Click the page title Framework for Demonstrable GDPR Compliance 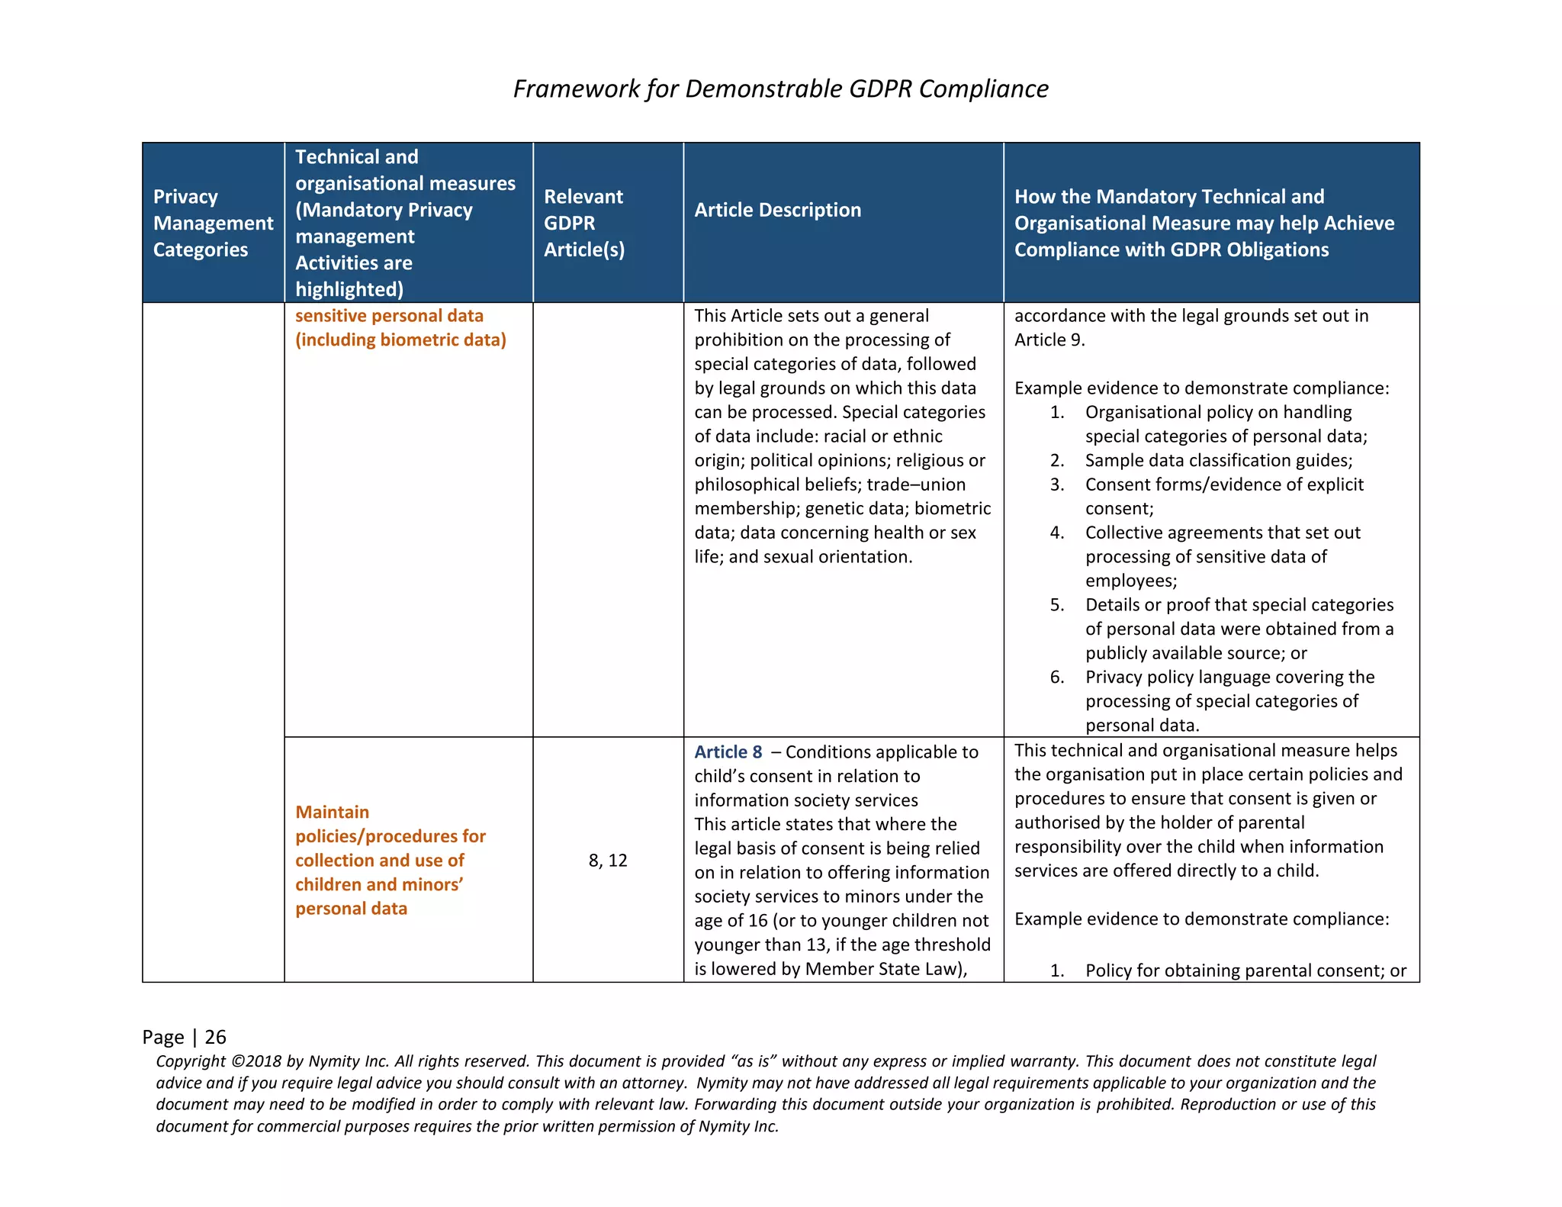click(780, 89)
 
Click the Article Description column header click(777, 210)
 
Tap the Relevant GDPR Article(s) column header click(583, 223)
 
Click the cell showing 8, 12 click(608, 861)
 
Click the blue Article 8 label click(728, 752)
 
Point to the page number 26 click(215, 1037)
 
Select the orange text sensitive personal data click(389, 316)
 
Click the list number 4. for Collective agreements click(1056, 533)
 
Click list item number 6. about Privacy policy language click(1056, 677)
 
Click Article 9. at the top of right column click(1049, 340)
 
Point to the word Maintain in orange click(332, 812)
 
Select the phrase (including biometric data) click(400, 340)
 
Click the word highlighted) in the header click(349, 290)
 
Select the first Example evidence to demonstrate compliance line click(1201, 388)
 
